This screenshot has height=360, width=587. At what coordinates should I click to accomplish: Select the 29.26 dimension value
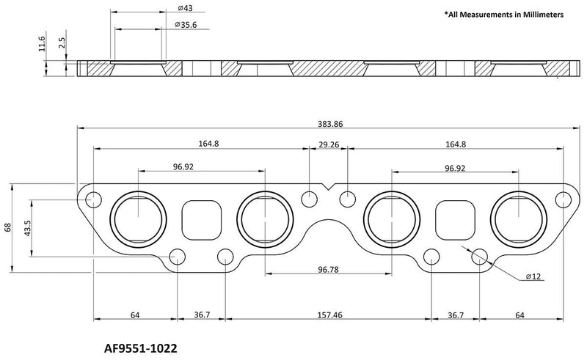coord(328,144)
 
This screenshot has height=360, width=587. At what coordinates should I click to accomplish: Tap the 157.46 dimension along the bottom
coord(328,315)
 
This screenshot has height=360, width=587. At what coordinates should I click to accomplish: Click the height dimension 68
coord(8,227)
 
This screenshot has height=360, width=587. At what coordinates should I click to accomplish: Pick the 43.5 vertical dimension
coord(27,227)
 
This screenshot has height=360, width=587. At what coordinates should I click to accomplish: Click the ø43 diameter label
coord(185,8)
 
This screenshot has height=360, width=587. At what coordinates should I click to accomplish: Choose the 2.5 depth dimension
coord(62,45)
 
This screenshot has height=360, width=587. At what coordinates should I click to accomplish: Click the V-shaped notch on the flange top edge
coord(328,188)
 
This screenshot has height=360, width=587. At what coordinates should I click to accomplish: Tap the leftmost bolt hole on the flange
coord(93,199)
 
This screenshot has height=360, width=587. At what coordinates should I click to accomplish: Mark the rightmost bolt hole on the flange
coord(563,199)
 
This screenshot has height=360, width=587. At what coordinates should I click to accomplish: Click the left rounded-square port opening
coord(200,219)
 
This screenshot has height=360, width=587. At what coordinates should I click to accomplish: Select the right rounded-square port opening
coord(456,219)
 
